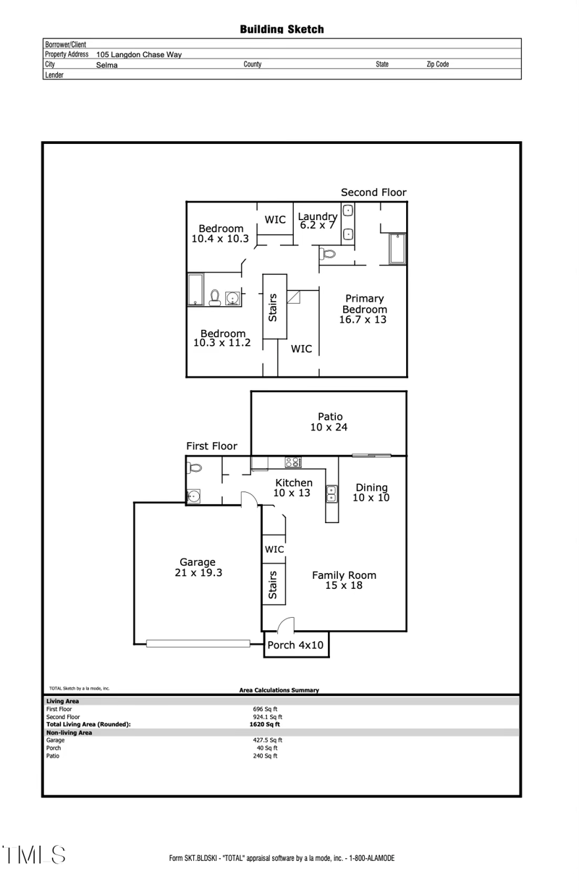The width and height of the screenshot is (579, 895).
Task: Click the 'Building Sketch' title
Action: click(282, 29)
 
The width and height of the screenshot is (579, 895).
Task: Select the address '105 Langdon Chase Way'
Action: click(139, 54)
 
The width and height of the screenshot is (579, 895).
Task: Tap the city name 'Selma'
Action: click(106, 65)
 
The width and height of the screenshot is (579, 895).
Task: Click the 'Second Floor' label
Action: click(373, 192)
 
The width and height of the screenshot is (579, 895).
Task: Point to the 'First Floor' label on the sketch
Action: click(211, 446)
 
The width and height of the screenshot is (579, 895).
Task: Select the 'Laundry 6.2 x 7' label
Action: click(318, 221)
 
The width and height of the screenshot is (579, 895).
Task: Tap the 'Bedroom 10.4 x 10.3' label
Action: click(221, 233)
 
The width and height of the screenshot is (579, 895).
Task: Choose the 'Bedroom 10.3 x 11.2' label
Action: click(221, 338)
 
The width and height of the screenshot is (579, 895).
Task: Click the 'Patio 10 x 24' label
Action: click(329, 422)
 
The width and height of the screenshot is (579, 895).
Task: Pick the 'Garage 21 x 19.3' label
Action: click(198, 567)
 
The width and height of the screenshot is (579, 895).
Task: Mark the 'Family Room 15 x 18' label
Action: click(344, 580)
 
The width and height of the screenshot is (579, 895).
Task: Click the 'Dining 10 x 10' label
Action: click(371, 493)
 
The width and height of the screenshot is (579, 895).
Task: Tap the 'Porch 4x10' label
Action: click(296, 645)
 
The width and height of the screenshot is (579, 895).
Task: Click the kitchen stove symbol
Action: click(293, 462)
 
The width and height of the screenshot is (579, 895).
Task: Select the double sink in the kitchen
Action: click(331, 493)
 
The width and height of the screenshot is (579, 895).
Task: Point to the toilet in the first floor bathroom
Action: click(194, 468)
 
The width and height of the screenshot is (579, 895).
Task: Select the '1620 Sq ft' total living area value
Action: click(265, 724)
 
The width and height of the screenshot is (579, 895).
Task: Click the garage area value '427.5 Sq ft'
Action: click(267, 740)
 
